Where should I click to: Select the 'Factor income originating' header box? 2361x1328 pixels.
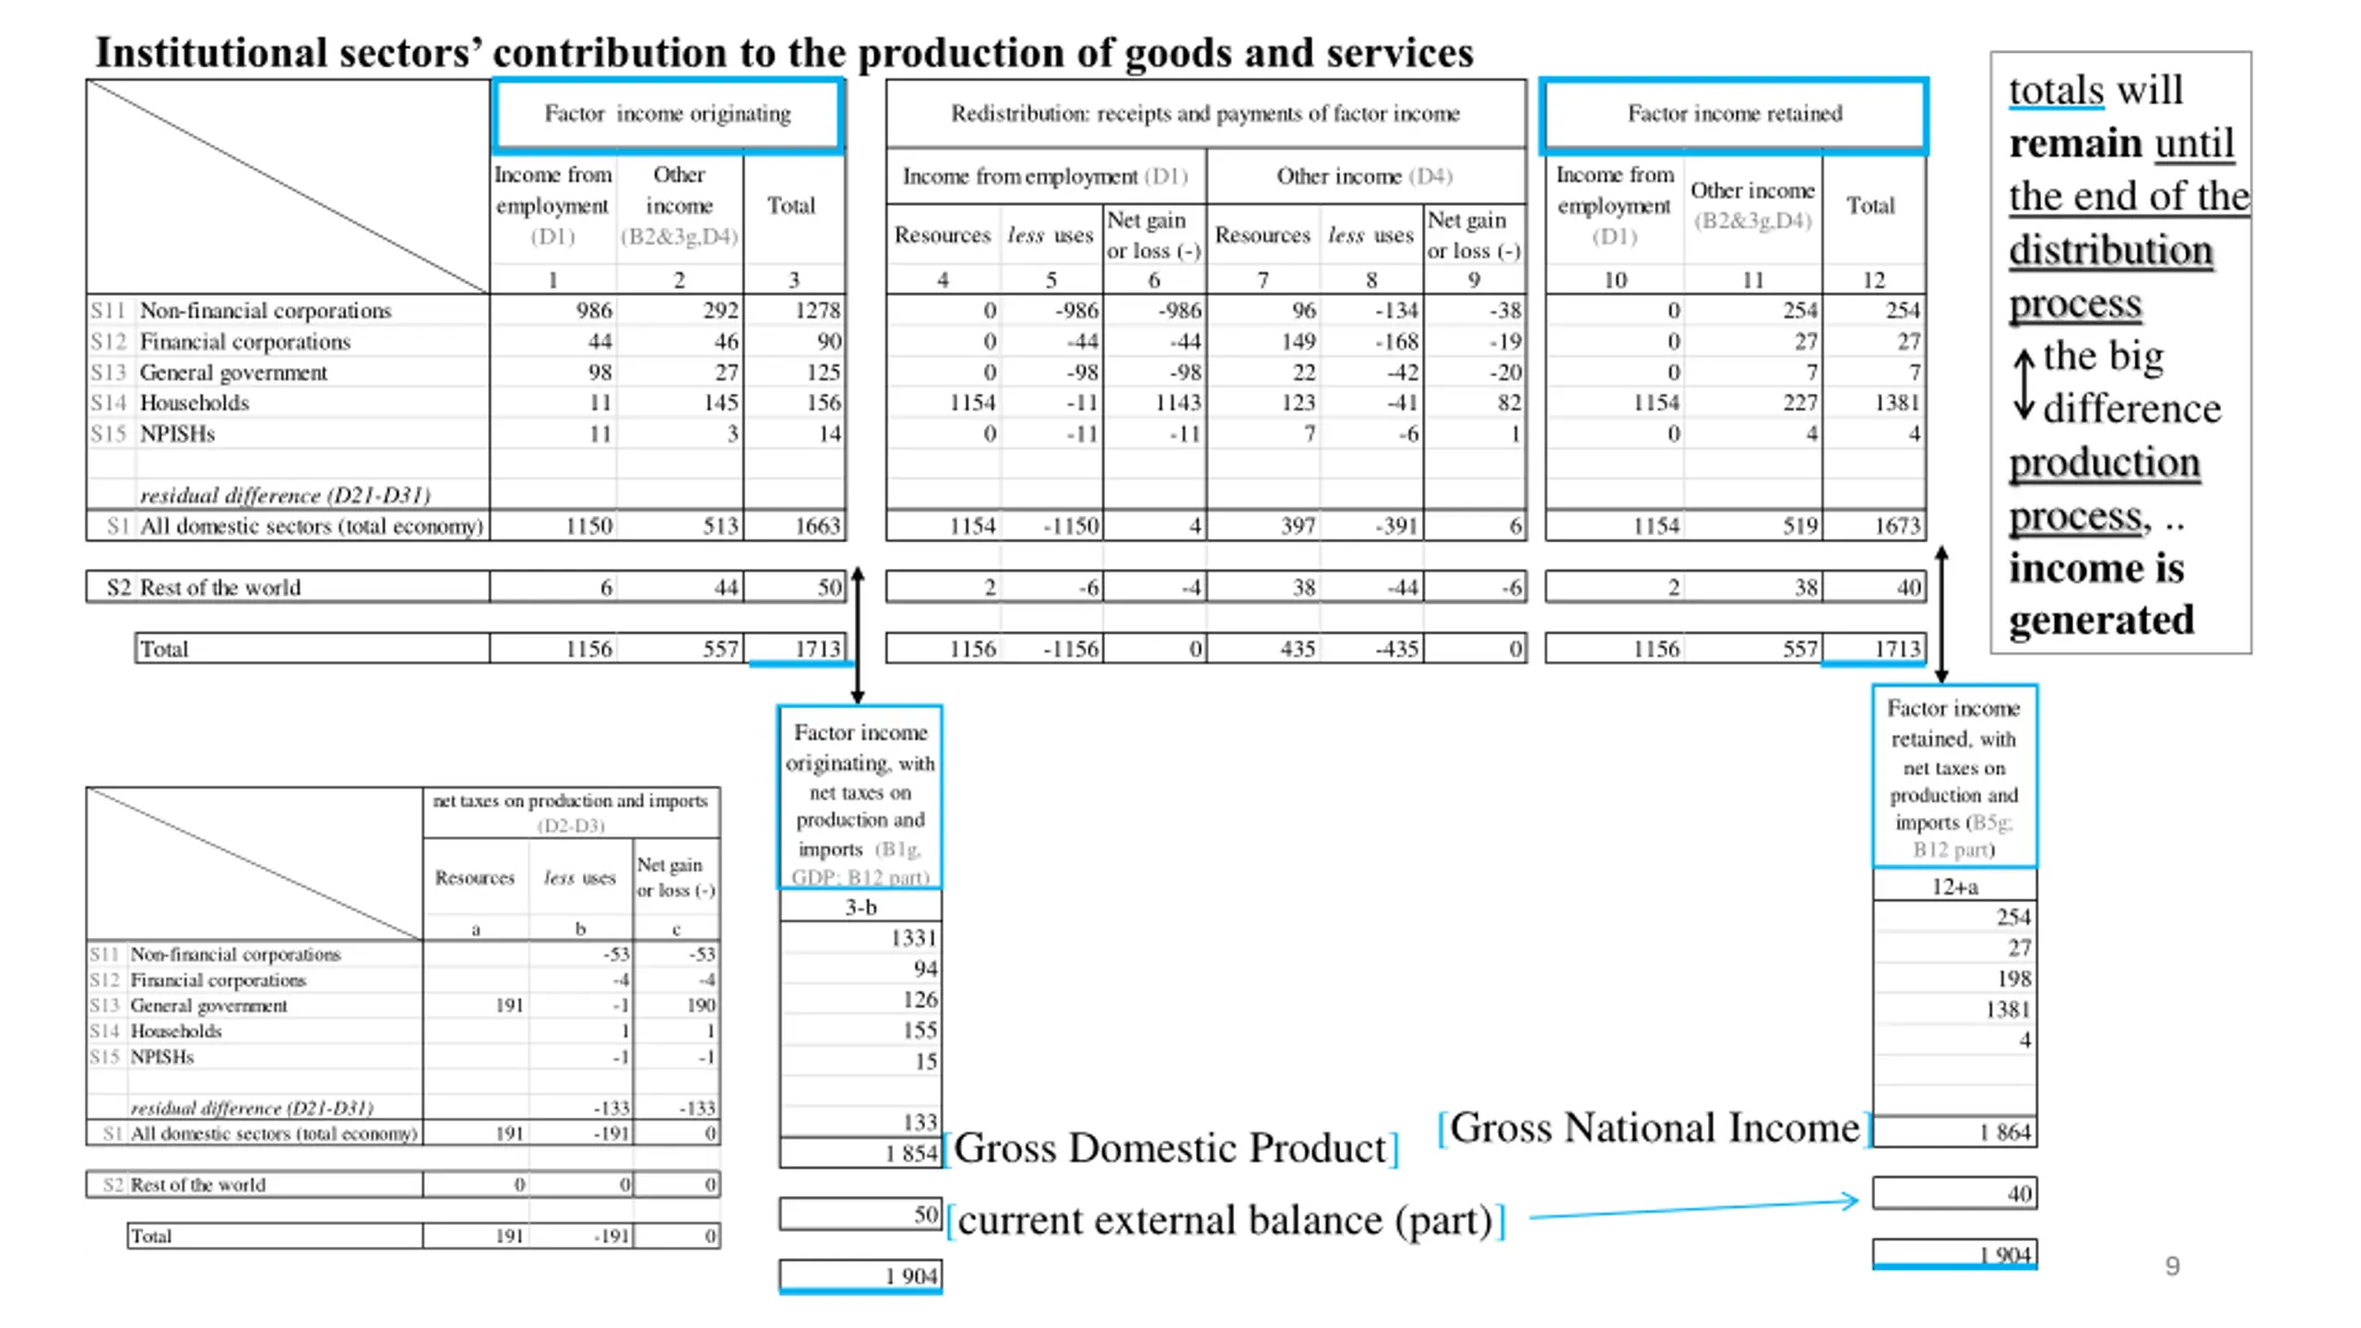(x=667, y=114)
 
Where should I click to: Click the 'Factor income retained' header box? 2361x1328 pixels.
(x=1734, y=114)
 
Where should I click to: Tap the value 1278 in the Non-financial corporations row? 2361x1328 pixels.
(x=817, y=311)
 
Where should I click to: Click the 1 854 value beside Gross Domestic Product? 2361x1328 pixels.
(x=910, y=1153)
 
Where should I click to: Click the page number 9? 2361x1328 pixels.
(x=2172, y=1266)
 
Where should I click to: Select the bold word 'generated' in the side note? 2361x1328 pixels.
(x=2101, y=620)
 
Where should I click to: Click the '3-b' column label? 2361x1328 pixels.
(x=860, y=907)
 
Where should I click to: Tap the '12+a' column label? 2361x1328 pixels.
(x=1954, y=887)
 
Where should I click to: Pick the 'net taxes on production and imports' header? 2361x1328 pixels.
(x=570, y=800)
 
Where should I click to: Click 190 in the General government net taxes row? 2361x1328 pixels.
(x=700, y=1005)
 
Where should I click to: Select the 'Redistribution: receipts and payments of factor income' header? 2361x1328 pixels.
(x=1204, y=114)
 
